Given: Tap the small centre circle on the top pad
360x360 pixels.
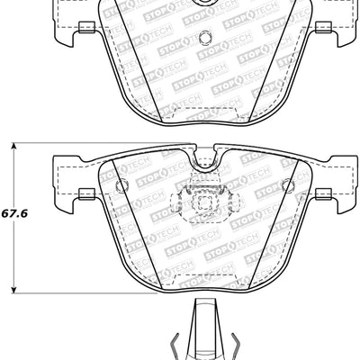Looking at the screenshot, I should pyautogui.click(x=203, y=38).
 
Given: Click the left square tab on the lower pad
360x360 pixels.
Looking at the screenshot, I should pyautogui.click(x=86, y=192).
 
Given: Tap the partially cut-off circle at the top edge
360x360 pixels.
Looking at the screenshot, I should pyautogui.click(x=203, y=4).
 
